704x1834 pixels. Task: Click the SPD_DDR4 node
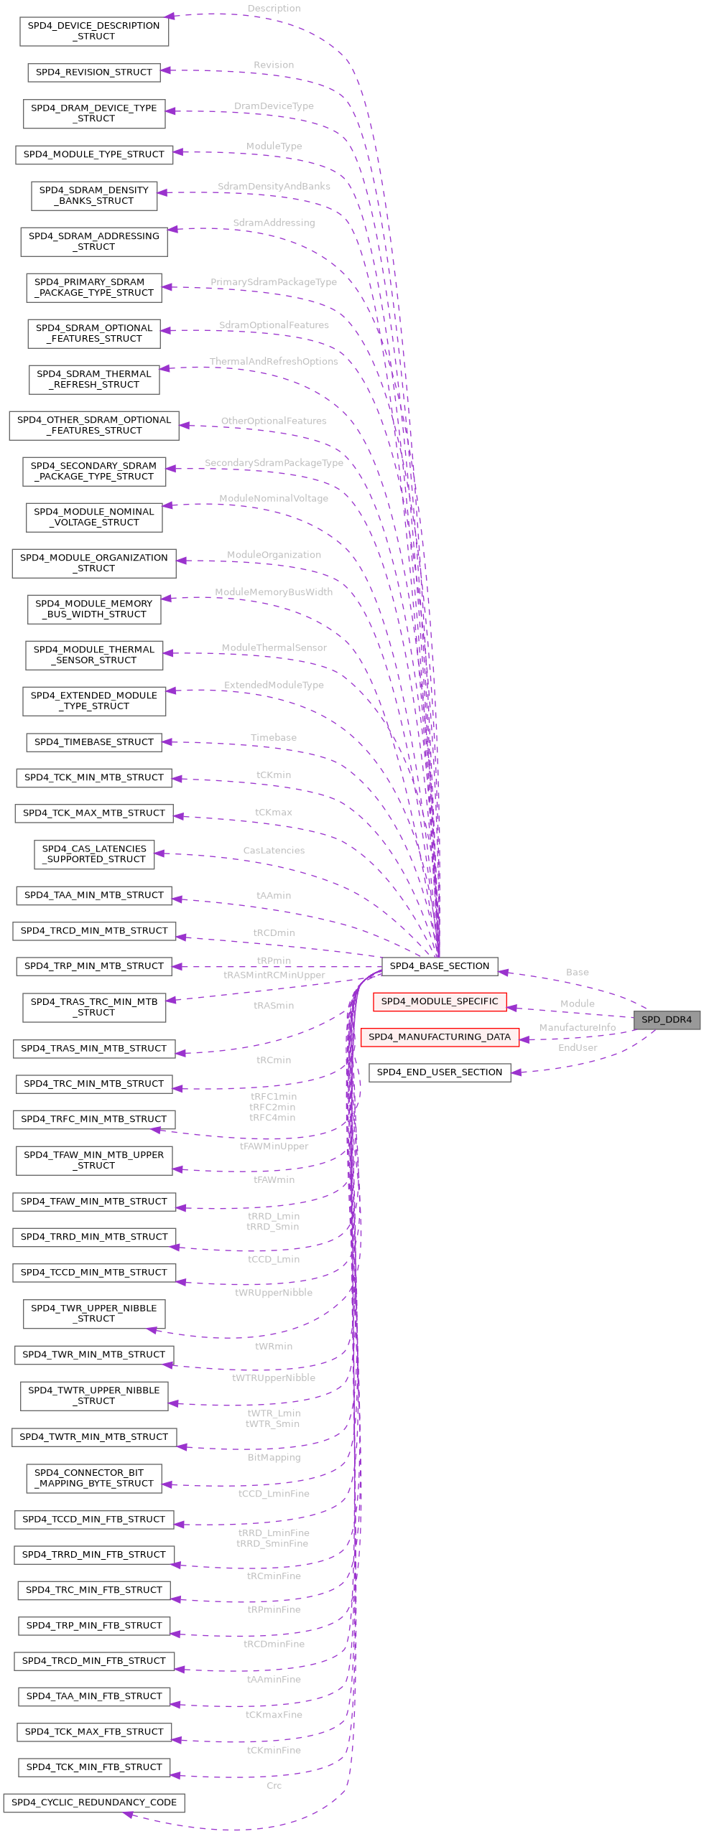[x=666, y=1019]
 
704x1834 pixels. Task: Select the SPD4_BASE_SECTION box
[x=439, y=966]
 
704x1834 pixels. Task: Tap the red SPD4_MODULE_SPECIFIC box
[x=439, y=1001]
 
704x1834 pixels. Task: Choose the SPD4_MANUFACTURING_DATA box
[x=439, y=1037]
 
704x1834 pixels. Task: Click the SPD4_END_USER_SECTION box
[x=439, y=1072]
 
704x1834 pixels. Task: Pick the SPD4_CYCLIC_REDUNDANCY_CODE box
[x=93, y=1802]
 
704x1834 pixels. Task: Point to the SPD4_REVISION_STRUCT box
[x=93, y=72]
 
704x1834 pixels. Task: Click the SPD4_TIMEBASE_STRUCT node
[x=93, y=742]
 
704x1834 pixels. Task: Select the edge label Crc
[x=274, y=1785]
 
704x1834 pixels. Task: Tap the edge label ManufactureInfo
[x=577, y=1028]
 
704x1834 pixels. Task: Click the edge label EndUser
[x=577, y=1048]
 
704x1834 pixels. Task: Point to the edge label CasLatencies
[x=274, y=851]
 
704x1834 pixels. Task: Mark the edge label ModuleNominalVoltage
[x=274, y=498]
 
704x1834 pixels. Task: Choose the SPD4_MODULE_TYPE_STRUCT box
[x=93, y=154]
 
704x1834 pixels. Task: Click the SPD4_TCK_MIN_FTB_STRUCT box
[x=93, y=1767]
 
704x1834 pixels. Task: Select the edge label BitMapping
[x=274, y=1458]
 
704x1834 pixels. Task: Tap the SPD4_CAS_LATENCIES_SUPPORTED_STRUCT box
[x=93, y=854]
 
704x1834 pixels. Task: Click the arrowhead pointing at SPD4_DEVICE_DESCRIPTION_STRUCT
[x=170, y=16]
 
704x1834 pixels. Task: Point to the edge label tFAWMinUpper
[x=274, y=1146]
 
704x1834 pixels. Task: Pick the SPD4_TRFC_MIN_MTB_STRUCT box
[x=93, y=1119]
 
